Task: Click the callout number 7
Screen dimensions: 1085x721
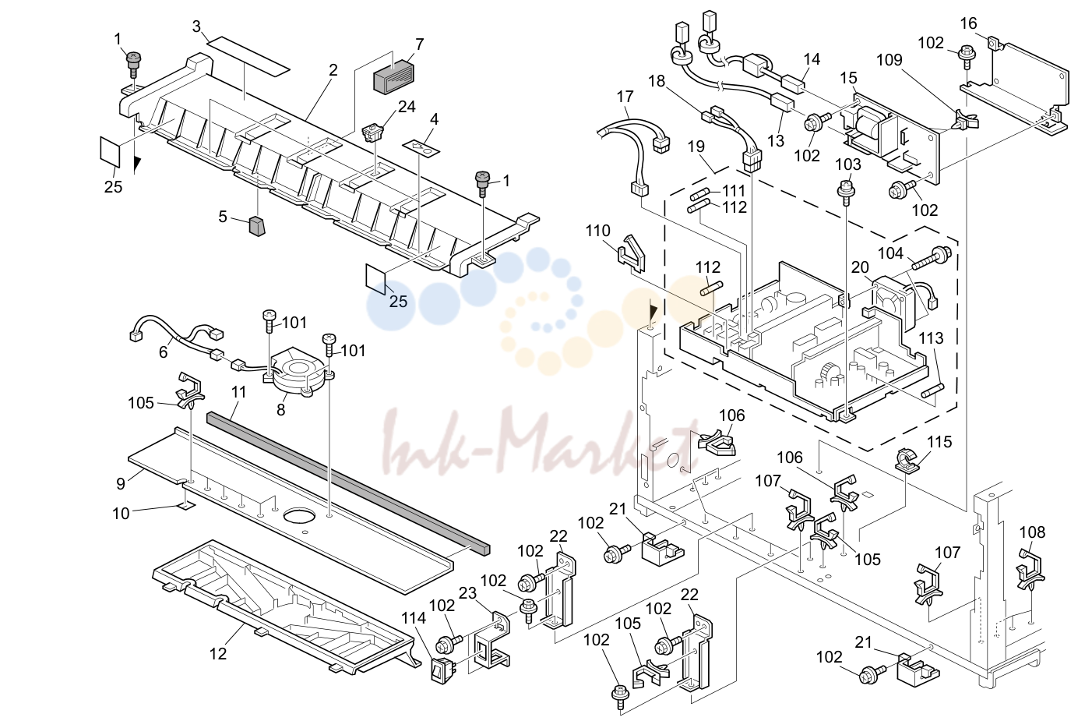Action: coord(420,44)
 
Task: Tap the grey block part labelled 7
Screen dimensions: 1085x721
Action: coord(394,76)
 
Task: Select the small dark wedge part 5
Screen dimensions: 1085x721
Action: coord(257,227)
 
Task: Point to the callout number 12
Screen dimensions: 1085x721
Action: coord(218,654)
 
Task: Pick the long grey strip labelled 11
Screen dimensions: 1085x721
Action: coord(348,484)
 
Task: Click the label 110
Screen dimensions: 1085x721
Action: coord(597,231)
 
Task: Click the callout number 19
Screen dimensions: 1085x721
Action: coord(696,147)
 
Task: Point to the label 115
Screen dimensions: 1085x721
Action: coord(939,442)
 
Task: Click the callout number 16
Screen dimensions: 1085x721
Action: coord(968,23)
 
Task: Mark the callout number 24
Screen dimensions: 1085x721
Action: coord(407,107)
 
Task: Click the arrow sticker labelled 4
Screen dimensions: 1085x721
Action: coord(421,147)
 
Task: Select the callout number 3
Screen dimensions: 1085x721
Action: coord(196,27)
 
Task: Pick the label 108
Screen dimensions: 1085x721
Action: coord(1032,532)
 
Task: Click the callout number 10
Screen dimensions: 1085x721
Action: coord(121,513)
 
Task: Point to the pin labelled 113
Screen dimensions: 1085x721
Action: coord(932,391)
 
